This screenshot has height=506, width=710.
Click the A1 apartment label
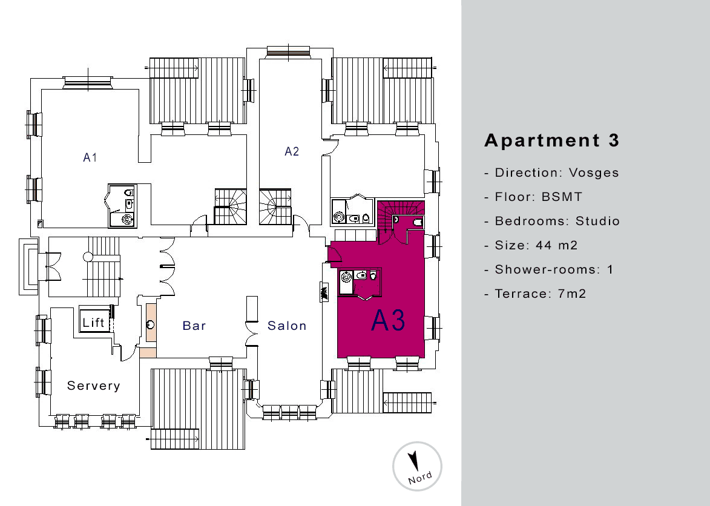pyautogui.click(x=90, y=157)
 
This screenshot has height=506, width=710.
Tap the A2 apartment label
pyautogui.click(x=292, y=151)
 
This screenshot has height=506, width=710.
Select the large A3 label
pyautogui.click(x=388, y=320)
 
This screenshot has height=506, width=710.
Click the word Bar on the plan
pyautogui.click(x=194, y=326)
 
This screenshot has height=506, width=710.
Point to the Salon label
pyautogui.click(x=287, y=326)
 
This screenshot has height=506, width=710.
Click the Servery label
pyautogui.click(x=94, y=386)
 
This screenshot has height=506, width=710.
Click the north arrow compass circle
pyautogui.click(x=417, y=466)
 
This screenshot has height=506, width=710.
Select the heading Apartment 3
pyautogui.click(x=552, y=140)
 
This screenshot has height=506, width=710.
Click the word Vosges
pyautogui.click(x=594, y=173)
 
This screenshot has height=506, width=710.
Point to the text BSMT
pyautogui.click(x=562, y=197)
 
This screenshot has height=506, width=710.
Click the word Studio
pyautogui.click(x=597, y=221)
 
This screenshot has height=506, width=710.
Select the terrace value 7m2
pyautogui.click(x=572, y=294)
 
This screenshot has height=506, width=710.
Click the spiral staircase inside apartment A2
pyautogui.click(x=275, y=206)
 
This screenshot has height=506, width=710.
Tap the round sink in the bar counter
pyautogui.click(x=151, y=324)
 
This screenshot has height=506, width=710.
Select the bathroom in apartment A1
pyautogui.click(x=122, y=206)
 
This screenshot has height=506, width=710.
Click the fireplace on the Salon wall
pyautogui.click(x=324, y=291)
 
